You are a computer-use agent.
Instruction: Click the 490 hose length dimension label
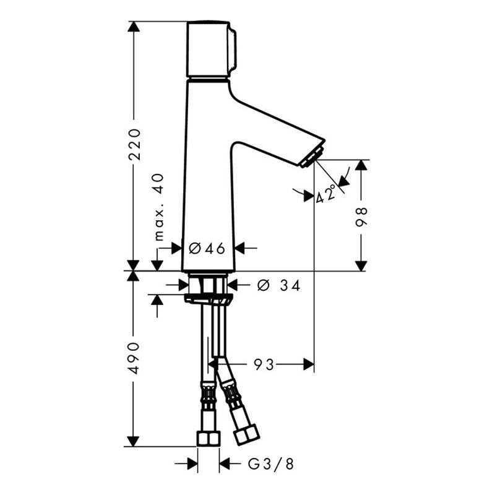(134, 358)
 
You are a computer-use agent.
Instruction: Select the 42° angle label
(326, 194)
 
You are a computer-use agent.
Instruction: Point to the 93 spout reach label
(264, 365)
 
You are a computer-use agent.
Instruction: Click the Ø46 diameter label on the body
(207, 249)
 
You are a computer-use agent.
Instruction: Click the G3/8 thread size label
(271, 464)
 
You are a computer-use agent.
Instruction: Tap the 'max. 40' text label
(160, 207)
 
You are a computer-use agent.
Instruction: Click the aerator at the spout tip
(311, 157)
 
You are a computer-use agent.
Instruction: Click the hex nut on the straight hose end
(209, 439)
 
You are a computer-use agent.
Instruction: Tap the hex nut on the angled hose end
(246, 434)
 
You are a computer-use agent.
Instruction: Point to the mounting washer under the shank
(209, 299)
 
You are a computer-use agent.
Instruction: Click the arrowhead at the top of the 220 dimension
(134, 27)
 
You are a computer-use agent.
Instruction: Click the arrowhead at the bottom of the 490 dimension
(133, 441)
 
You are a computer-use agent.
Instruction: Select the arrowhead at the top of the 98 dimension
(361, 165)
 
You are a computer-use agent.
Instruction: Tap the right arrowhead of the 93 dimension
(309, 364)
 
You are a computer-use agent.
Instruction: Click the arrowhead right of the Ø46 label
(240, 248)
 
